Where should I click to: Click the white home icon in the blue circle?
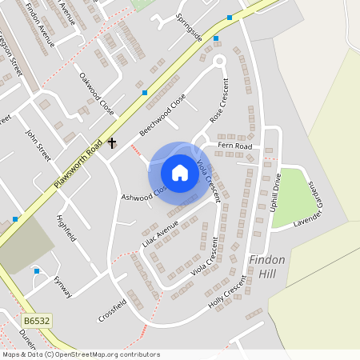tap(180, 172)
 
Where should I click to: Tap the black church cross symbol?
tap(112, 144)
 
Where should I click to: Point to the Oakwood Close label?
tap(96, 94)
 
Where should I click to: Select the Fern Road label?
tap(240, 146)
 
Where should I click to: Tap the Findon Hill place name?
tap(267, 267)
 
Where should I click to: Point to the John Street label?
tap(38, 145)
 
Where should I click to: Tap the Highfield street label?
tap(66, 227)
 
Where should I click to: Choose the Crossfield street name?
tap(112, 308)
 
